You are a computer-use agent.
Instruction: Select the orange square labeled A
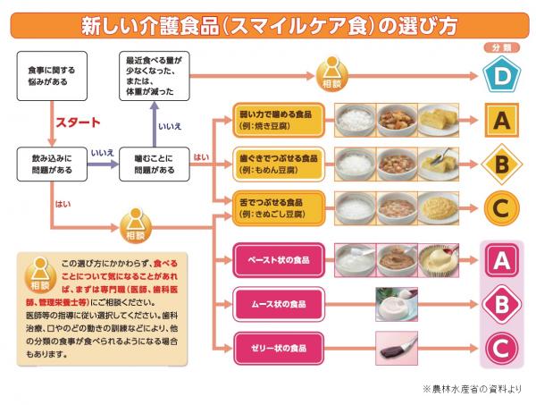click(501, 119)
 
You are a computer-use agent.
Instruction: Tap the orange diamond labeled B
click(501, 164)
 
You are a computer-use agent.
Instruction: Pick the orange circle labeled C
click(501, 207)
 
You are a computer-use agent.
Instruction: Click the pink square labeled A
click(501, 260)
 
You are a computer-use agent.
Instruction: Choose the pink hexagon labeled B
click(501, 304)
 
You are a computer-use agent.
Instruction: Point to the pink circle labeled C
click(501, 347)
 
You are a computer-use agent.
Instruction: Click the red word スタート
click(79, 122)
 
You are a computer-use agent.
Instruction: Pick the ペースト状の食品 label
click(278, 260)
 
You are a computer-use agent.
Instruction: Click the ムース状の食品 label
click(278, 304)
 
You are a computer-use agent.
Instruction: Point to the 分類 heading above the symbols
click(501, 46)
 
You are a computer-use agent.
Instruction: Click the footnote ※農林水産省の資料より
click(472, 390)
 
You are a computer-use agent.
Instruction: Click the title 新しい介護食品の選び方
click(267, 24)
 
